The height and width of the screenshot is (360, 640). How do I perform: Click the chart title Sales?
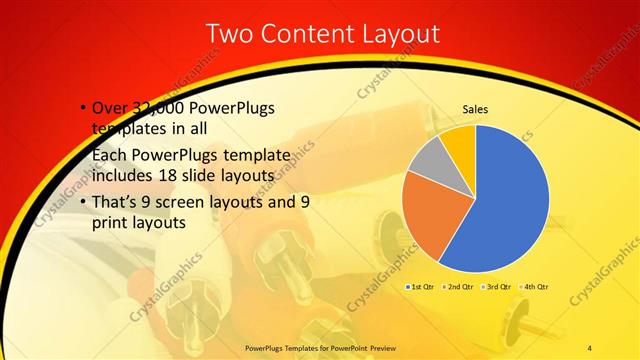(x=475, y=110)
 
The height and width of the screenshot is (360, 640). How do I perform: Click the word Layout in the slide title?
(x=395, y=34)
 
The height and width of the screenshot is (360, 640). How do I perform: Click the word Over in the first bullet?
(x=109, y=108)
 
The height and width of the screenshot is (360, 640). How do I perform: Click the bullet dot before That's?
(x=82, y=201)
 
